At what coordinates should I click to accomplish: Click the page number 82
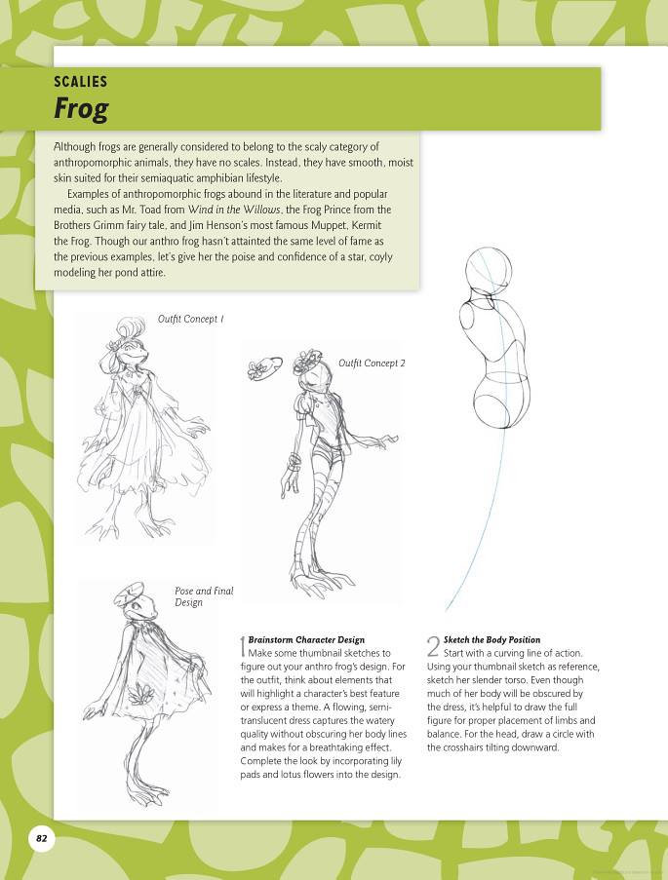(x=42, y=837)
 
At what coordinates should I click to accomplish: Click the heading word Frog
(x=81, y=109)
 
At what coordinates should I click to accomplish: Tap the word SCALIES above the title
(x=81, y=82)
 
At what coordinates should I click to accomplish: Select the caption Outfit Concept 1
(x=191, y=319)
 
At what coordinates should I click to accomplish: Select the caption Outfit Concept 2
(x=372, y=363)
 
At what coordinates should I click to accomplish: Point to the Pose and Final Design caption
(x=204, y=596)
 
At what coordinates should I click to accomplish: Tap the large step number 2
(x=433, y=646)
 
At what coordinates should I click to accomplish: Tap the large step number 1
(x=242, y=646)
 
